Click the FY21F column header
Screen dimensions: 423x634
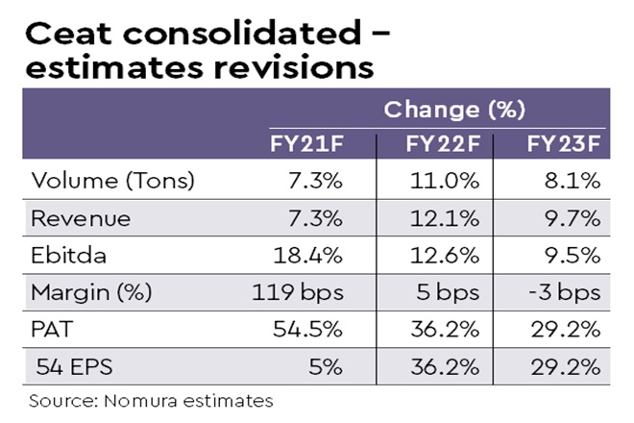tap(305, 145)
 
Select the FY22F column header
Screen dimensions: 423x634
tap(442, 145)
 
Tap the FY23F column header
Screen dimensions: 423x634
tap(563, 145)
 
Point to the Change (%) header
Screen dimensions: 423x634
tap(441, 109)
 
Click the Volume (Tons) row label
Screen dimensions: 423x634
tap(99, 181)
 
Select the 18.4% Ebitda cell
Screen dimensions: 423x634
tap(309, 255)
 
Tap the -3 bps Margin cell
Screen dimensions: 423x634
tap(565, 292)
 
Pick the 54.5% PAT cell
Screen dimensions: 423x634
tap(309, 329)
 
